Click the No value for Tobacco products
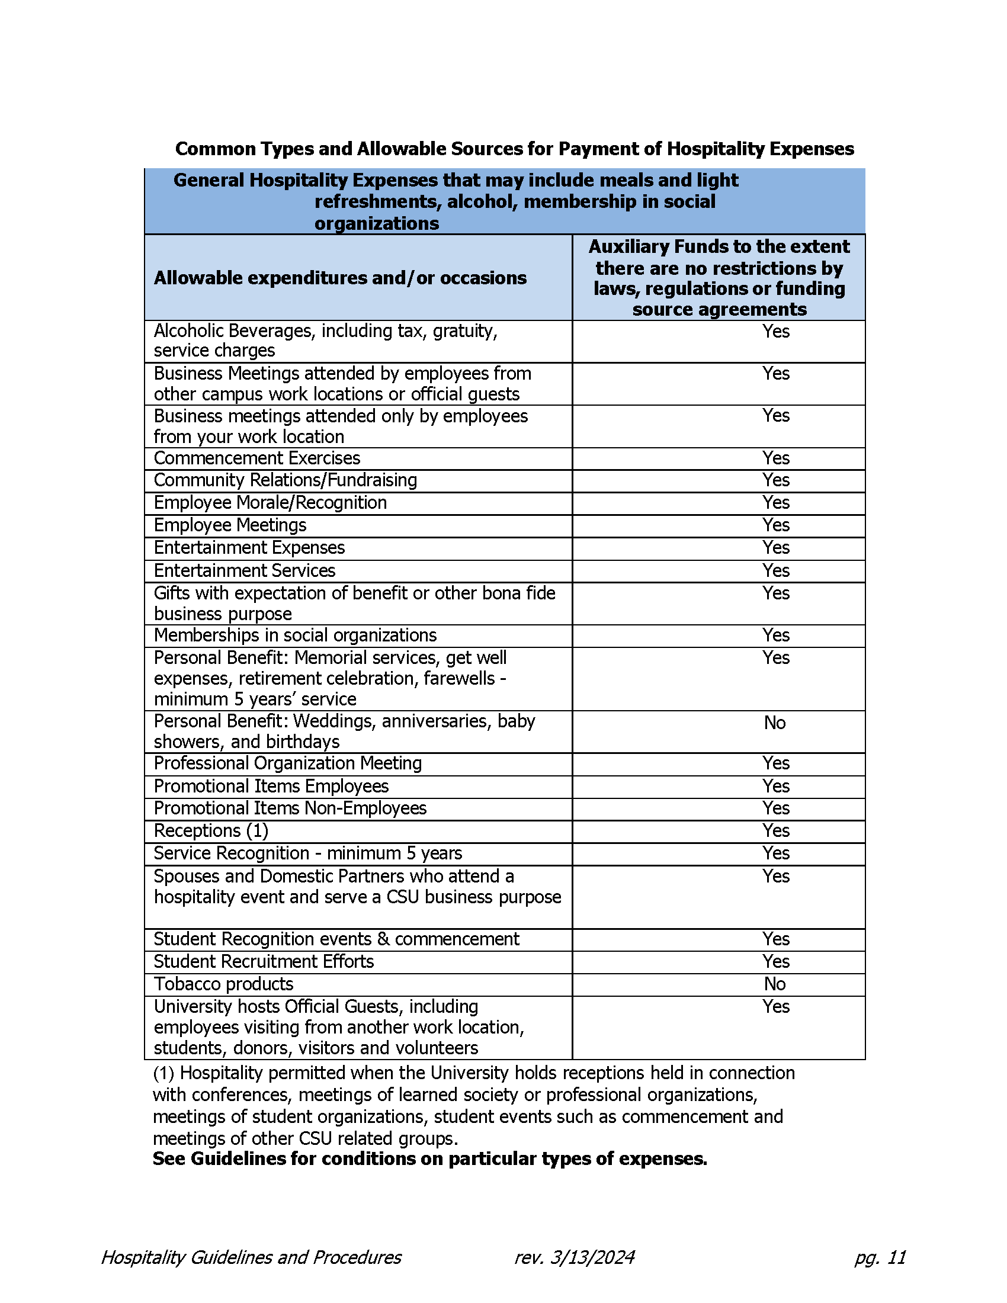pos(774,984)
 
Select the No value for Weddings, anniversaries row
pos(774,723)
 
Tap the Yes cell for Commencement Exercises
pos(775,458)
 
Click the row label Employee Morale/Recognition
pos(270,502)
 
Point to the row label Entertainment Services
pos(245,570)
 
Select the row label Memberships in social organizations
pos(296,635)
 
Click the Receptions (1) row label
pos(211,830)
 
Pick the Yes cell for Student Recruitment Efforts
pos(775,961)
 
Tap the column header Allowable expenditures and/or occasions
pos(340,278)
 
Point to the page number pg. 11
pos(880,1257)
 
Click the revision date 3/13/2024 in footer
pos(591,1257)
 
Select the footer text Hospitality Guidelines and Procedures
pos(251,1257)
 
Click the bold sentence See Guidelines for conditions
pos(429,1158)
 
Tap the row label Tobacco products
pos(224,984)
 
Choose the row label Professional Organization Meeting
pos(287,763)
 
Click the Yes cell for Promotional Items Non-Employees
pos(775,808)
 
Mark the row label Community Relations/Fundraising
pos(285,480)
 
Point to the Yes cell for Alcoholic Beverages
pos(775,331)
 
